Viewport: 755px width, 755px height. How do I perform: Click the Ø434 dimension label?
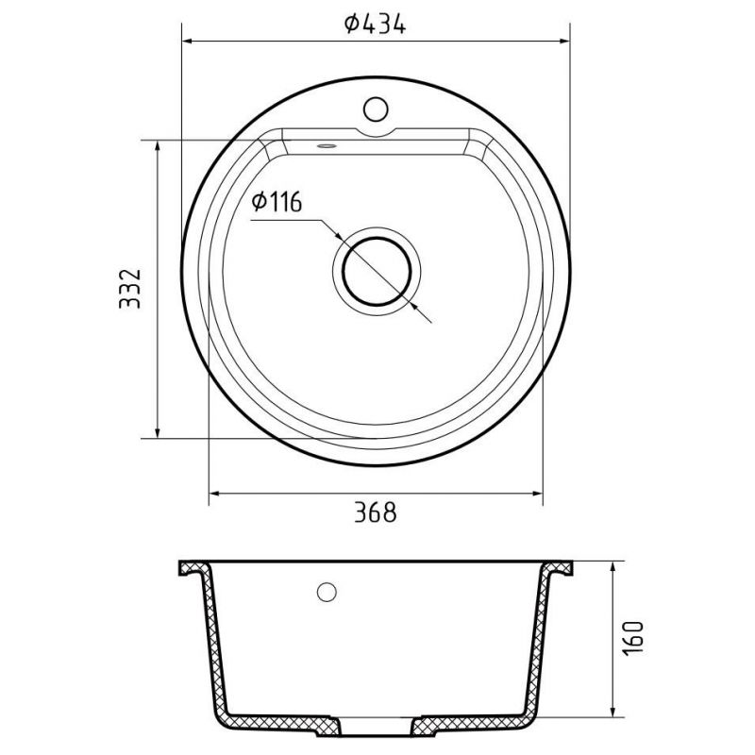coord(375,24)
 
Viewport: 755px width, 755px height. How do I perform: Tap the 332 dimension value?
coord(130,289)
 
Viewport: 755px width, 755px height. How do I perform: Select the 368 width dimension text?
coord(376,512)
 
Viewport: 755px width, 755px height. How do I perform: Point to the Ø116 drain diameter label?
coord(277,201)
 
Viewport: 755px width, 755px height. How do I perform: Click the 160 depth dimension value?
coord(632,639)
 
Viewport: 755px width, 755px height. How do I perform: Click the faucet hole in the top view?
coord(376,109)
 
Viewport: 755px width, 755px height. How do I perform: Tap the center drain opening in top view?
coord(377,271)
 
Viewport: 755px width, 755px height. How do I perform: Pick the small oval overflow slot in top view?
coord(326,145)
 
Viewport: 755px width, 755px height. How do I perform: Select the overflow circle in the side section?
coord(327,592)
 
